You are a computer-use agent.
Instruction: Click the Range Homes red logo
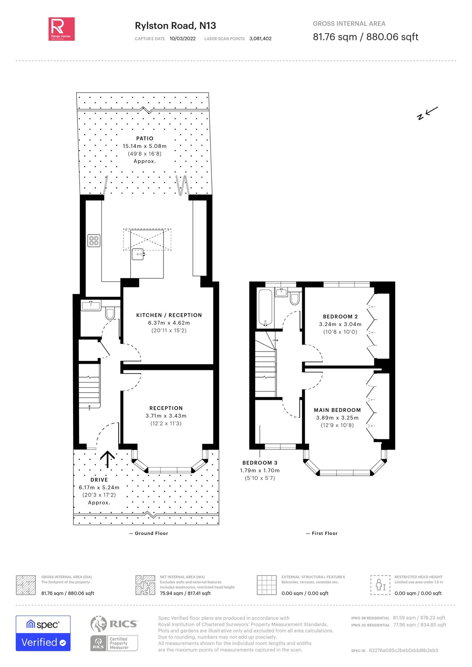tap(62, 29)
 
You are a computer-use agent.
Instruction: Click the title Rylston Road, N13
tap(175, 26)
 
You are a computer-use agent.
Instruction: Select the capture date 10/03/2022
tap(182, 39)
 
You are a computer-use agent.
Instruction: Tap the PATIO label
tap(145, 138)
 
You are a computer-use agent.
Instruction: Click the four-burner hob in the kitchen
tap(94, 240)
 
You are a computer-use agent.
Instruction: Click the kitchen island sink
tap(138, 254)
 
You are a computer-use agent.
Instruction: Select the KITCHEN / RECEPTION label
tap(169, 315)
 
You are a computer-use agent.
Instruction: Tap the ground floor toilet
tap(110, 313)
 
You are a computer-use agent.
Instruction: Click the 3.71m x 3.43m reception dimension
tap(166, 416)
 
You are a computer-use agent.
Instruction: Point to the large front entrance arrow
tap(108, 459)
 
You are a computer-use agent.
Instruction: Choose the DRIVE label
tap(99, 479)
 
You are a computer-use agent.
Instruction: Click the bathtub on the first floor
tap(265, 308)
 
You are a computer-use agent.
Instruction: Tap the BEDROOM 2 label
tap(340, 316)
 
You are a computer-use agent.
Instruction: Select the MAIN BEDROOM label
tap(337, 410)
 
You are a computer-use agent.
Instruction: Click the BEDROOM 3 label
tap(260, 462)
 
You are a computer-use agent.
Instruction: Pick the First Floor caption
tap(324, 533)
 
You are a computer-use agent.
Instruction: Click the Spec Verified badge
tap(43, 633)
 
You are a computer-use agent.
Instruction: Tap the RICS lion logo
tap(99, 624)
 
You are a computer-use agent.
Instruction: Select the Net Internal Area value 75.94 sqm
tap(185, 593)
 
